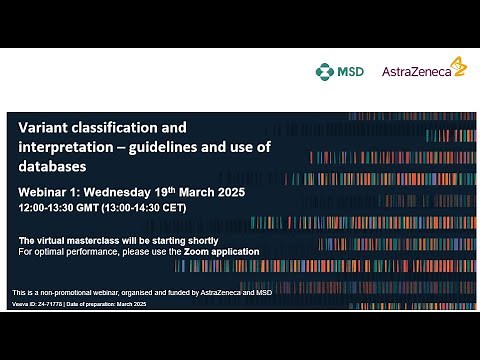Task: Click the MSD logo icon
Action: coord(323,71)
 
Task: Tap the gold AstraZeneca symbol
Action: coord(458,66)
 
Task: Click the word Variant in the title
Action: coord(46,128)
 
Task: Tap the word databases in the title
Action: coord(55,166)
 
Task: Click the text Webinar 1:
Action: coord(54,190)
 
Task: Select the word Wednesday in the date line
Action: coord(132,190)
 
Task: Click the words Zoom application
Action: coord(221,252)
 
